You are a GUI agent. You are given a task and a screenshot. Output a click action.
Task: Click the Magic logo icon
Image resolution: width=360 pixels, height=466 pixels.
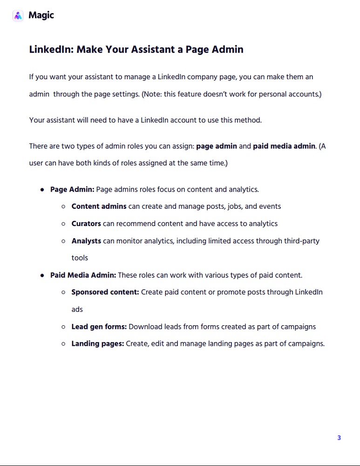click(x=18, y=15)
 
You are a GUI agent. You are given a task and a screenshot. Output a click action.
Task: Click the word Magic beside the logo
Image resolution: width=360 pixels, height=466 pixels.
click(x=41, y=15)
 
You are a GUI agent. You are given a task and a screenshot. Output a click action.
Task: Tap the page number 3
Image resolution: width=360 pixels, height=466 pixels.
click(x=339, y=438)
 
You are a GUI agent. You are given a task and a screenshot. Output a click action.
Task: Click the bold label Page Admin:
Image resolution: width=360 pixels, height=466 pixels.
click(x=72, y=189)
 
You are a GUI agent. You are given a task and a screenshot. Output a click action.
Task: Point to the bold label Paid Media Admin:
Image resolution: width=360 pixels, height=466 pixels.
click(x=83, y=275)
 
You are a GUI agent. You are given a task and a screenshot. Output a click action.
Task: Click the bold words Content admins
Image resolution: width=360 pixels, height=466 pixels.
click(x=99, y=206)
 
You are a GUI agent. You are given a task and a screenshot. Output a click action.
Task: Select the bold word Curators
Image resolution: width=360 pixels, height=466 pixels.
click(x=86, y=224)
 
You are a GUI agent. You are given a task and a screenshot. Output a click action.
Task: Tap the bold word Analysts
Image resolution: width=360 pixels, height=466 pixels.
click(x=86, y=241)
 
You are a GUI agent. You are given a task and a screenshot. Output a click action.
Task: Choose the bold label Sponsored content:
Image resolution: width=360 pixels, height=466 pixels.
click(x=105, y=292)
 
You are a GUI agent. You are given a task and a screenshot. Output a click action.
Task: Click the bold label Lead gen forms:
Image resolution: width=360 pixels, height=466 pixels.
click(x=99, y=327)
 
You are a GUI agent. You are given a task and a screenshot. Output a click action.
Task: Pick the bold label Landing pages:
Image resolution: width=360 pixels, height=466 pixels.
click(x=97, y=344)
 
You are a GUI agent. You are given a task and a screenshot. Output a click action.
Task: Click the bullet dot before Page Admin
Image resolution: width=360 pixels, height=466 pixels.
click(x=42, y=190)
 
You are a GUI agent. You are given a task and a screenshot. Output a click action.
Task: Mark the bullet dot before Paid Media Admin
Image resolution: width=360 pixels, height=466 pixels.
click(x=42, y=275)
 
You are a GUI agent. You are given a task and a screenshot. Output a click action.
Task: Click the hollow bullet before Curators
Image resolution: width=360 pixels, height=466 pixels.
click(x=63, y=224)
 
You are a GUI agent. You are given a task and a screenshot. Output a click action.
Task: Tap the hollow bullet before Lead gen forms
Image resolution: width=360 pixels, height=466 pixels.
click(x=63, y=327)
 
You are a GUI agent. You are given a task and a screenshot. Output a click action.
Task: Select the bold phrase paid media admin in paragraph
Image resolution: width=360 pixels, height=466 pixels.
click(x=284, y=146)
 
